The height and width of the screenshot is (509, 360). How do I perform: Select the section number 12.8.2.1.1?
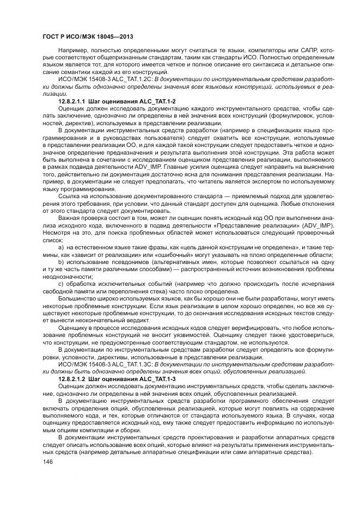(75, 101)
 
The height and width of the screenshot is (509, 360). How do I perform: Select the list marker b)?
(61, 262)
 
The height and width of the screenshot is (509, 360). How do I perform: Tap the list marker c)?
(61, 284)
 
